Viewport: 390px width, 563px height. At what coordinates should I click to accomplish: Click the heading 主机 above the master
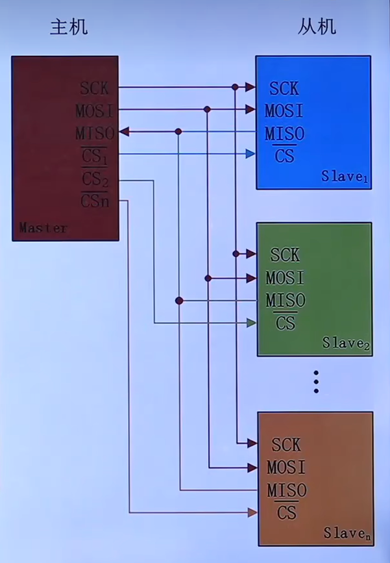click(x=69, y=27)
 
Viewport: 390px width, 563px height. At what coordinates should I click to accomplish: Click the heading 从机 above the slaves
click(x=317, y=27)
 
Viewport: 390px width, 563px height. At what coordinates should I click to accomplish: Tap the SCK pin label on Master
click(x=95, y=87)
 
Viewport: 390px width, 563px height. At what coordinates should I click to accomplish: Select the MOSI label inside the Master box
click(x=94, y=110)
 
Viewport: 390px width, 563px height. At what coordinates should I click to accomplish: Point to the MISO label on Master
click(x=95, y=133)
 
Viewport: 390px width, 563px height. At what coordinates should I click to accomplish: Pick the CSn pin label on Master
click(x=95, y=201)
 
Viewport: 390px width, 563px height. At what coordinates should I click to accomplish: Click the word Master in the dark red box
click(x=43, y=228)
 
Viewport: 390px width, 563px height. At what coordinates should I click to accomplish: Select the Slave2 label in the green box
click(x=346, y=344)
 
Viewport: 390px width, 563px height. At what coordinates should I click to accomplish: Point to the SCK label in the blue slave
click(x=284, y=88)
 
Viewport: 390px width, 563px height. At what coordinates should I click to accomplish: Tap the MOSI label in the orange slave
click(x=286, y=467)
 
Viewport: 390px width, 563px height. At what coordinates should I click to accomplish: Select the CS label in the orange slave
click(x=286, y=512)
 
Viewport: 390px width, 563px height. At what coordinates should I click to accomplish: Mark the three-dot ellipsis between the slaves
click(x=316, y=382)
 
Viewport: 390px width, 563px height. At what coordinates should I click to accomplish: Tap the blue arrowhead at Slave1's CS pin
click(x=250, y=154)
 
